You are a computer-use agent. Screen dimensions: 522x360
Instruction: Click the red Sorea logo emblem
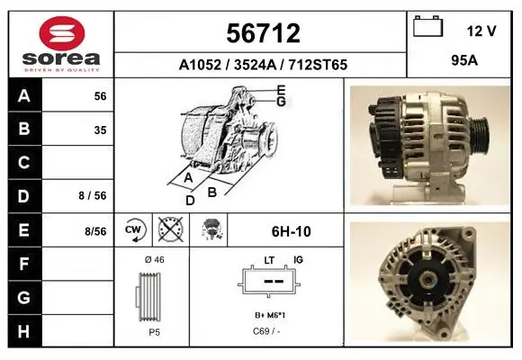pos(62,33)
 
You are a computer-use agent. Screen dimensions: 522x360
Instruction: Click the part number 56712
pos(263,33)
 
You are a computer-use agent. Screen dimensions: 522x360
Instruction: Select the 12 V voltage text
pos(481,31)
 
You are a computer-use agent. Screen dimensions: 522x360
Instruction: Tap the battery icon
pos(427,26)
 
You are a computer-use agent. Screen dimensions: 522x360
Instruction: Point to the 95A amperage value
pos(464,60)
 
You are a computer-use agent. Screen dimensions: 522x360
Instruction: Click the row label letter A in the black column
pos(24,96)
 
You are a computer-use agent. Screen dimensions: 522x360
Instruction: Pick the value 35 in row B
pos(100,130)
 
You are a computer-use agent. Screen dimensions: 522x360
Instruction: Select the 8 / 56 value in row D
pos(93,195)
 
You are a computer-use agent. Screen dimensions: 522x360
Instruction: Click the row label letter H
pos(23,331)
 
